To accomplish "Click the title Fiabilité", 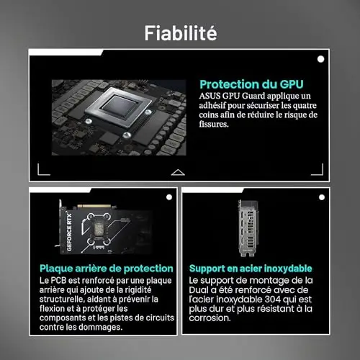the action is (181, 33).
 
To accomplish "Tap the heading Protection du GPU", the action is (251, 84).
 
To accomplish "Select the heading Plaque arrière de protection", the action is (107, 269).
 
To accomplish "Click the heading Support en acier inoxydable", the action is (251, 269).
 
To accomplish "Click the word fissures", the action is (214, 124).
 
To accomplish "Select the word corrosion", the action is (210, 318).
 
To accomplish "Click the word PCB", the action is (58, 280).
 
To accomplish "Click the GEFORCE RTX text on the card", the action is (69, 232).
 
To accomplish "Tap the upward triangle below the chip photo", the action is (178, 172).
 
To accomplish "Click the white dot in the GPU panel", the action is (320, 59).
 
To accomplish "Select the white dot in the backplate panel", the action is (169, 197).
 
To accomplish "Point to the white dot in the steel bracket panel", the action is (322, 197).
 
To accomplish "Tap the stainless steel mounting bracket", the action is (248, 228).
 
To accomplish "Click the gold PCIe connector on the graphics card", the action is (94, 206).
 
